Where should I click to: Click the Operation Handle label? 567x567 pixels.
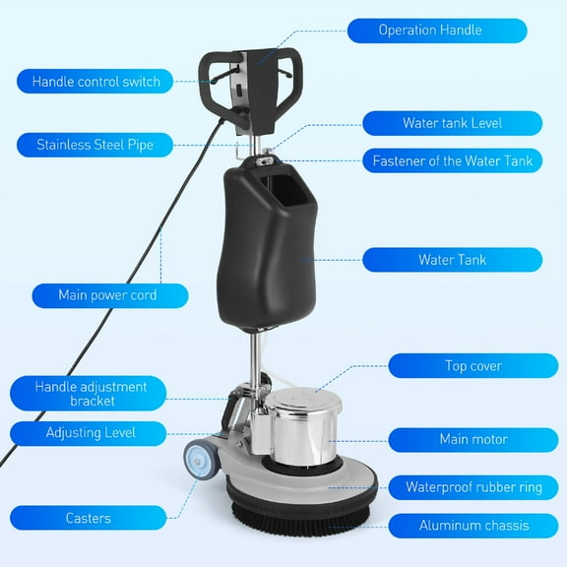tap(436, 31)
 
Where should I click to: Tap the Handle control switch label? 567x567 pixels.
tap(95, 81)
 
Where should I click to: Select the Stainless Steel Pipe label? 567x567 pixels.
tap(95, 145)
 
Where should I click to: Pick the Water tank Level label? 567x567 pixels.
tap(452, 123)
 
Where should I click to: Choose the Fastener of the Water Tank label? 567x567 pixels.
tap(452, 160)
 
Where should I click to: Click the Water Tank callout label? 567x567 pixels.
tap(452, 260)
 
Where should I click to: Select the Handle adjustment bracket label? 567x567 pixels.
tap(91, 393)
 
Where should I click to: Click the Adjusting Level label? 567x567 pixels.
tap(91, 433)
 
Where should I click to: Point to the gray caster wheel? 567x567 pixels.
tap(200, 459)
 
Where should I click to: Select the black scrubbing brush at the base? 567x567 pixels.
tap(299, 507)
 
